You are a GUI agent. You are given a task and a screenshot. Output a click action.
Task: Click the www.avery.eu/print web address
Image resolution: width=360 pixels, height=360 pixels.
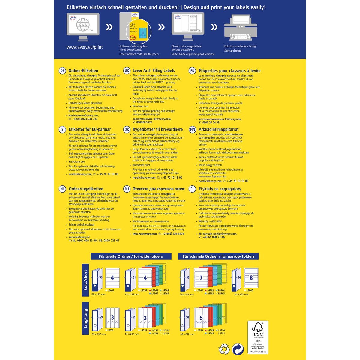[x=85, y=47]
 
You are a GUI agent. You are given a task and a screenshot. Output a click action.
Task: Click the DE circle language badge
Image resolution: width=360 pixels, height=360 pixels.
[x=62, y=71]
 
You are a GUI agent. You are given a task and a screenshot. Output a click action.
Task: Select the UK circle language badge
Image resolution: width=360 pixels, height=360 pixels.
[x=127, y=71]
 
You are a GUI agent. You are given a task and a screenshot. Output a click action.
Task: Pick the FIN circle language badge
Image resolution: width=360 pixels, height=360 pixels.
[x=193, y=130]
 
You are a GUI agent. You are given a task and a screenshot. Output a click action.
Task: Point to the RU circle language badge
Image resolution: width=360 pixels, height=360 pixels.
[x=127, y=189]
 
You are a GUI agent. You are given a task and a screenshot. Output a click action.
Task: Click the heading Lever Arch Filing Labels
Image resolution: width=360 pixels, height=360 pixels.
[x=154, y=71]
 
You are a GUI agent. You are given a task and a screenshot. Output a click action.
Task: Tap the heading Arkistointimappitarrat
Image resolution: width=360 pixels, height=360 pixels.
[x=219, y=130]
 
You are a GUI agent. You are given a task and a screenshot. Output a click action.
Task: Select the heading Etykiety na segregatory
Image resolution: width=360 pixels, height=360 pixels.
[x=220, y=189]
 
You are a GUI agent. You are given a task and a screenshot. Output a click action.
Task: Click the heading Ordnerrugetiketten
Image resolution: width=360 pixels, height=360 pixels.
[x=86, y=189]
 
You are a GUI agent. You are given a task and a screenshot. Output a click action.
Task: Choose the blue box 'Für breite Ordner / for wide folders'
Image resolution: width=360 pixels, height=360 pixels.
[x=131, y=256]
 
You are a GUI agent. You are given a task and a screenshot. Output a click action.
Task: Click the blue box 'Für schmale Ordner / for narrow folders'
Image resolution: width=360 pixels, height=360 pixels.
[x=218, y=256]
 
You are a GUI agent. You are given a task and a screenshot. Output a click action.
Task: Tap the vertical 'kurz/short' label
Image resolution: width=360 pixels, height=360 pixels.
[x=85, y=280]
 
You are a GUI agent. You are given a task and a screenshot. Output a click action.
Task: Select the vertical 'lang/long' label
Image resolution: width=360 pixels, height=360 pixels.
[x=85, y=318]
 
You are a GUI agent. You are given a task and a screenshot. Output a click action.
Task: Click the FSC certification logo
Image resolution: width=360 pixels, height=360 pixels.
[x=258, y=337]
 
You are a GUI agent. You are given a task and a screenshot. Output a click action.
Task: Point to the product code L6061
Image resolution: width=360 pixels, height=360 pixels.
[x=111, y=291]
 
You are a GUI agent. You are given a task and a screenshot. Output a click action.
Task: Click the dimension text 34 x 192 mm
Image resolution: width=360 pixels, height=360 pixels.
[x=241, y=295]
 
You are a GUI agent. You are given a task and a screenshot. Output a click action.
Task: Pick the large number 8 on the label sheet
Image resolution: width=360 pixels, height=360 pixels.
[x=251, y=278]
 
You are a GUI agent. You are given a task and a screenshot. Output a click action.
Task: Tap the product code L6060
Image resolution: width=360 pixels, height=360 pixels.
[x=250, y=291]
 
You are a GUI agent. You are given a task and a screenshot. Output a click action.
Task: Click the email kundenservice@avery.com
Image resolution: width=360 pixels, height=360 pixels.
[x=83, y=115]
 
